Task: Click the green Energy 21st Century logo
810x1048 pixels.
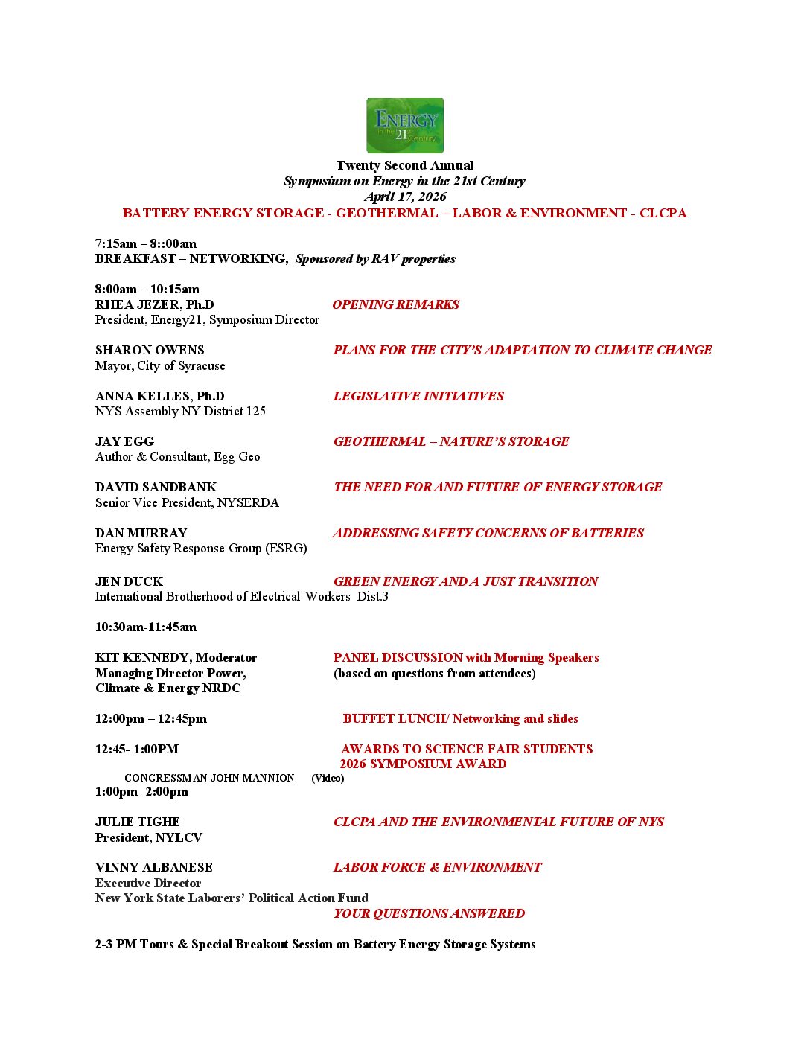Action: coord(405,126)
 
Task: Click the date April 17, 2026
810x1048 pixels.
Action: coord(405,196)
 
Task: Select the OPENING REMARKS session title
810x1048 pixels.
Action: coord(395,304)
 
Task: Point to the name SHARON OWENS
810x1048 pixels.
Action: coord(150,350)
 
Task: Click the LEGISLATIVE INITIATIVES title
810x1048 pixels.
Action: coord(418,396)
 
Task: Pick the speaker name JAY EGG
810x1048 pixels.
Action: coord(124,441)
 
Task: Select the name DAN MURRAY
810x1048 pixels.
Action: coord(141,533)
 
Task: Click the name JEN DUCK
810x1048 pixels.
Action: coord(129,581)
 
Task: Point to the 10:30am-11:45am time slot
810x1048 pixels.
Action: coord(146,627)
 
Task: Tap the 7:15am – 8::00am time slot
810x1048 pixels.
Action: coord(146,243)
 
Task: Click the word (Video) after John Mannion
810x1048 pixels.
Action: coord(328,778)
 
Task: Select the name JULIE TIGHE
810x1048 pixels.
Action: coord(138,822)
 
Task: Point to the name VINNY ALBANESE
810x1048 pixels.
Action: coord(154,867)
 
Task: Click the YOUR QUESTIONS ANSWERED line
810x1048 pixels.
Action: coord(429,913)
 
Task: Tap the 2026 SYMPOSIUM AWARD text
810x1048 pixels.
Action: coord(423,764)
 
